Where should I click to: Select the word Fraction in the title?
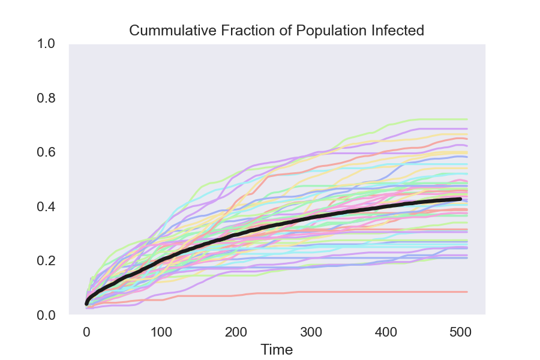click(226, 31)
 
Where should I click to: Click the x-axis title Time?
click(277, 350)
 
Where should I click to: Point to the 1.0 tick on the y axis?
click(47, 44)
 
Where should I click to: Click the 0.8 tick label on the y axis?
click(47, 98)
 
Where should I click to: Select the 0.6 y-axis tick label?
click(47, 152)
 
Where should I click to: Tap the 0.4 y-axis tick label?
click(47, 206)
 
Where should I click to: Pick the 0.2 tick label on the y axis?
click(47, 261)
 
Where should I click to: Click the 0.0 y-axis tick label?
click(47, 315)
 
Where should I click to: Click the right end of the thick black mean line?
click(460, 199)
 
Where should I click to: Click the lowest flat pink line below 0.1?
click(360, 292)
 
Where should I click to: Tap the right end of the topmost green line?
click(466, 119)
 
